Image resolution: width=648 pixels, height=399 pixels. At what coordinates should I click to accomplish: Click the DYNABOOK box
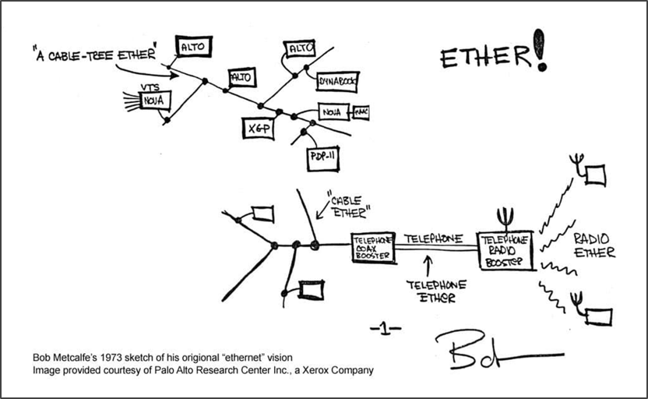(337, 79)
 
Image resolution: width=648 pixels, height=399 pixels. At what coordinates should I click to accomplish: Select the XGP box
(257, 127)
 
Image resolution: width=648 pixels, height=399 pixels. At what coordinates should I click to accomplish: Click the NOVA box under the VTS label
(154, 101)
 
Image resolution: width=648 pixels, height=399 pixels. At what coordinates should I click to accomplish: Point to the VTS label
(149, 87)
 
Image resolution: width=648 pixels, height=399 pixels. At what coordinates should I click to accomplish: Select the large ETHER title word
(483, 58)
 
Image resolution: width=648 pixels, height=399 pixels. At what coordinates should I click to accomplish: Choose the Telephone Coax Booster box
(372, 248)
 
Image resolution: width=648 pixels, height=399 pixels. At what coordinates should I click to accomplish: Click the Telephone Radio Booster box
(505, 250)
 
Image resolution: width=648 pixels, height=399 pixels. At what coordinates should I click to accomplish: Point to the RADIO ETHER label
(593, 245)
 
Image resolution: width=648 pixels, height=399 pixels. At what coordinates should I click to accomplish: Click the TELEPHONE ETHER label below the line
(437, 291)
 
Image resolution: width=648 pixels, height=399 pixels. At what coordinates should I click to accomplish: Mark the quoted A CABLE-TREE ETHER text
(95, 55)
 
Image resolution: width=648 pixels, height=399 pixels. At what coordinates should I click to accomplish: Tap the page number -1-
(386, 329)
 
